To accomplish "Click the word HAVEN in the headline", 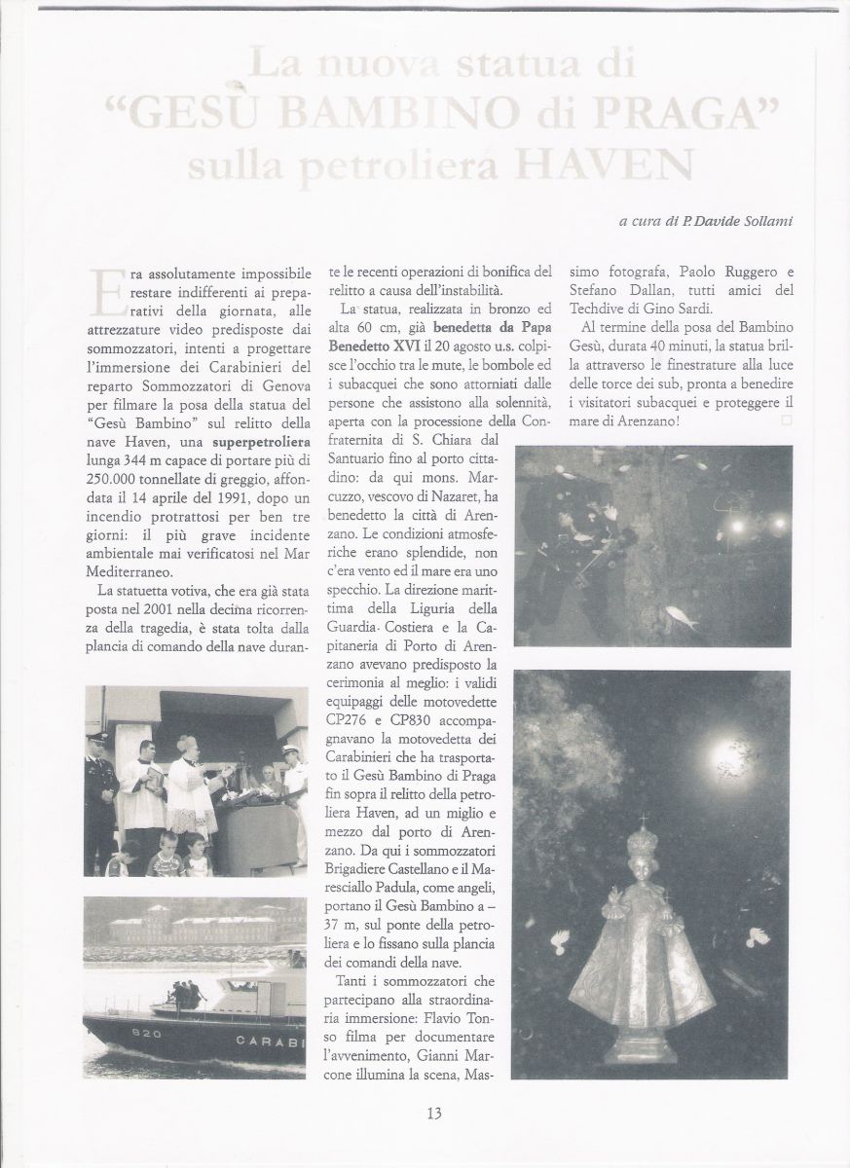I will point(616,164).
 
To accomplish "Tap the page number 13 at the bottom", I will point(433,1113).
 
